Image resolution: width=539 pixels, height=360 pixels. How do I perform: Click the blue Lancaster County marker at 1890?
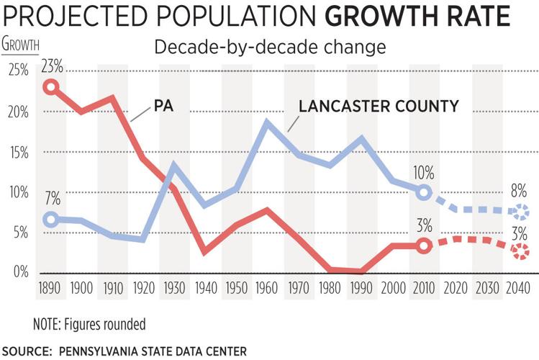pyautogui.click(x=50, y=220)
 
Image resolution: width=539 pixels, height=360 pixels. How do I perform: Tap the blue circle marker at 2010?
pyautogui.click(x=424, y=192)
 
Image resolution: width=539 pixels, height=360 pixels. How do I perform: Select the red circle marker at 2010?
pyautogui.click(x=424, y=246)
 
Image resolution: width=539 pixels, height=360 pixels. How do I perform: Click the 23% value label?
pyautogui.click(x=51, y=66)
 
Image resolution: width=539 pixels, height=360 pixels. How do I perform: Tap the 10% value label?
pyautogui.click(x=424, y=172)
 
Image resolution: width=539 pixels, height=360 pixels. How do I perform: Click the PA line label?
pyautogui.click(x=163, y=107)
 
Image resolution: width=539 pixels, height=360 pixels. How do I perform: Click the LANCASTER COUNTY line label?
pyautogui.click(x=379, y=107)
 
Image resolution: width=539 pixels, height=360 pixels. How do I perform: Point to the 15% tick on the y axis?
pyautogui.click(x=18, y=153)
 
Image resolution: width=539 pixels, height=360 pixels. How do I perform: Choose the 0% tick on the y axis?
pyautogui.click(x=19, y=272)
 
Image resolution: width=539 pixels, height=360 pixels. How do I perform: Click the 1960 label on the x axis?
pyautogui.click(x=268, y=289)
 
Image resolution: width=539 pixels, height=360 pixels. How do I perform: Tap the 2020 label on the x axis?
pyautogui.click(x=455, y=289)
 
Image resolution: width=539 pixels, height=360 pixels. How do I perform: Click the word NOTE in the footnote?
pyautogui.click(x=49, y=323)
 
